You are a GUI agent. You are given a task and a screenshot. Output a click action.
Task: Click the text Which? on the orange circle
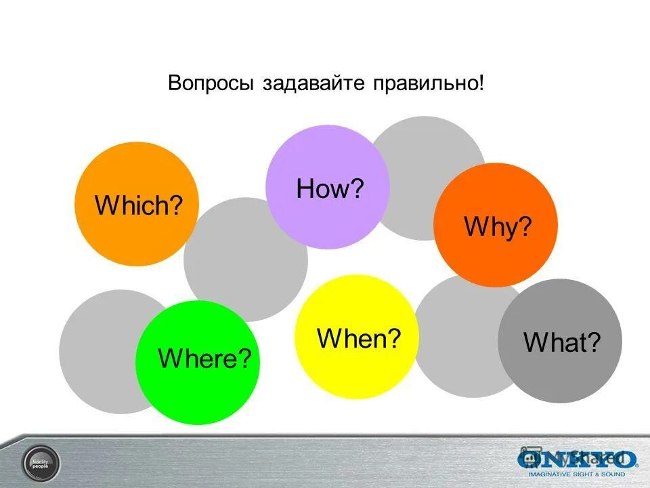139,205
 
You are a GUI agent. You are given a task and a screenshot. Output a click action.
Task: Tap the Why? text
497,227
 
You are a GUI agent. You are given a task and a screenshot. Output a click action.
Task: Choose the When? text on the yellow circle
359,338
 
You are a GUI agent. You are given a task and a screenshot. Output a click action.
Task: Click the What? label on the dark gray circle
562,343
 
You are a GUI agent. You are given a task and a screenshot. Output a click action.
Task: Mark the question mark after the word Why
525,227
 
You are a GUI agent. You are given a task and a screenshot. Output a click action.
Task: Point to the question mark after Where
253,358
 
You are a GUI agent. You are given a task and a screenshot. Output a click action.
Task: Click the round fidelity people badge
41,462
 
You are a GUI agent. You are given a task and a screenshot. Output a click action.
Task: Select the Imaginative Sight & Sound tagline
578,474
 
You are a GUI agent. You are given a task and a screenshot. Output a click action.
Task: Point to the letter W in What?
532,343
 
